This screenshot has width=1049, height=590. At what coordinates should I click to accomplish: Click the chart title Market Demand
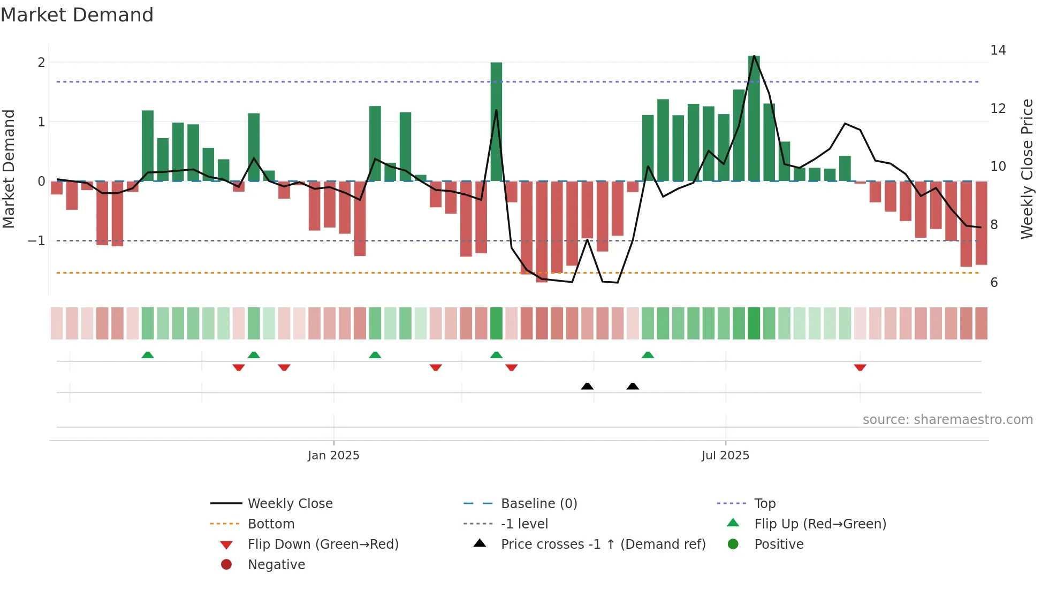(77, 15)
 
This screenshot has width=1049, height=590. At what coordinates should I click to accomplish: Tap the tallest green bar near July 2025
(754, 118)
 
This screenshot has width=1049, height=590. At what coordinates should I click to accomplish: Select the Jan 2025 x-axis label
(333, 456)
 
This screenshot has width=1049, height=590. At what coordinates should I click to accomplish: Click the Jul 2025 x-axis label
(725, 456)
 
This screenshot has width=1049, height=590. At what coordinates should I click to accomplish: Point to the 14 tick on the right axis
(998, 50)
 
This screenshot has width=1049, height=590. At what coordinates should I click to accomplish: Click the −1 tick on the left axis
(36, 241)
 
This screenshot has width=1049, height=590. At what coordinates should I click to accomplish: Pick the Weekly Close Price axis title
(1027, 169)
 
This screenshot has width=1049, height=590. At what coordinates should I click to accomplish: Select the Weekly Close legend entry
(290, 504)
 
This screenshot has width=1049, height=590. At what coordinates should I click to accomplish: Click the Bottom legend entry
(271, 524)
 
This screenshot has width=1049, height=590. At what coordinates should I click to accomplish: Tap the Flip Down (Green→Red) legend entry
(323, 544)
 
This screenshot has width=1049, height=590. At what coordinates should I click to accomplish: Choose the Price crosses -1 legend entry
(603, 544)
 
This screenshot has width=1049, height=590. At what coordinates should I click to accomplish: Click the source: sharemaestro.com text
(947, 420)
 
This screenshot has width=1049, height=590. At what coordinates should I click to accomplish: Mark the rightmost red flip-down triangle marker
(860, 367)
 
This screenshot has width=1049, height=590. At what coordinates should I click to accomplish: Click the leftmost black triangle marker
(587, 386)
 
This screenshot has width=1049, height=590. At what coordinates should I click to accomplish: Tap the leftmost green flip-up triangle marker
(148, 355)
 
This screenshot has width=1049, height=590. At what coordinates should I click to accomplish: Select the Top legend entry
(764, 504)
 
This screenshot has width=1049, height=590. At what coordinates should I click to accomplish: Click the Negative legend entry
(276, 565)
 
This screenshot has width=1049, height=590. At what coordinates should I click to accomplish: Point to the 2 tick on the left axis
(41, 63)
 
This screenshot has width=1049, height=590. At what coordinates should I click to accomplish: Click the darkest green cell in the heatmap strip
(496, 323)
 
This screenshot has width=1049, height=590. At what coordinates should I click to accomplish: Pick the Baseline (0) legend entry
(538, 504)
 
